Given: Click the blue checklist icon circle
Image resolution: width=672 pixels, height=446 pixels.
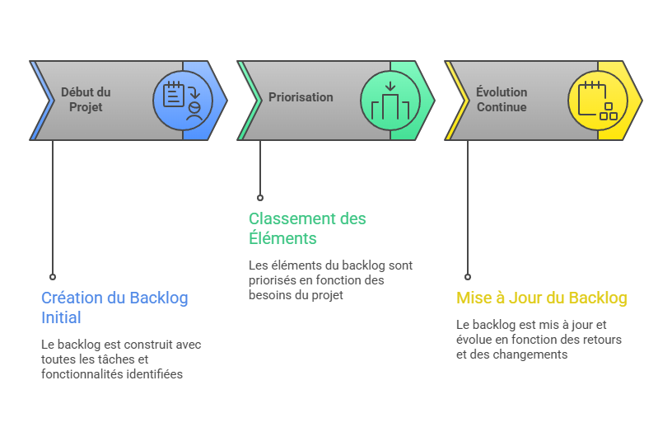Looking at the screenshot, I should tap(182, 101).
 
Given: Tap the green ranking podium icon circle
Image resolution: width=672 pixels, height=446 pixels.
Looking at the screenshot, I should tap(390, 101).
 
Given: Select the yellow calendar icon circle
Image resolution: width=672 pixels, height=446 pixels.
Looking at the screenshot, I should tap(597, 101).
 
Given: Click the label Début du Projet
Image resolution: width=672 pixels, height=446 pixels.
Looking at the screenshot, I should tap(86, 100).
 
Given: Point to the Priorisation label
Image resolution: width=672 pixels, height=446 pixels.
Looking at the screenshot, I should tap(301, 97).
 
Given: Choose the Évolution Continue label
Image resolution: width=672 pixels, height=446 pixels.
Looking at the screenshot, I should tap(502, 100).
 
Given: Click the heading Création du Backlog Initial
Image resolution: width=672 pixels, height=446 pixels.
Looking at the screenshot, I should tap(114, 308).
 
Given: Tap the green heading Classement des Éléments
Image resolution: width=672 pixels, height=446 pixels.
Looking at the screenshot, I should tap(307, 228).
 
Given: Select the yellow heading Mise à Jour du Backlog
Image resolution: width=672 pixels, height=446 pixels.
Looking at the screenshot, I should tap(541, 298).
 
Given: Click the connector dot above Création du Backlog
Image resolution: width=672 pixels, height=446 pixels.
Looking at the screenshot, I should tap(53, 277).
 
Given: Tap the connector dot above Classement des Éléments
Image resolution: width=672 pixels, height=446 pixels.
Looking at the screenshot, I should tap(260, 198).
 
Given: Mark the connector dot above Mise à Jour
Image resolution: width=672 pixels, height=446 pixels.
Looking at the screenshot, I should tap(468, 277).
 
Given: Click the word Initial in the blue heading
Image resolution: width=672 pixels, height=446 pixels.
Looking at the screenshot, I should tap(61, 317).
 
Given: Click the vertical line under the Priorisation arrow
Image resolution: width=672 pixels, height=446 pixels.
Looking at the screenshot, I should tap(260, 169).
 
